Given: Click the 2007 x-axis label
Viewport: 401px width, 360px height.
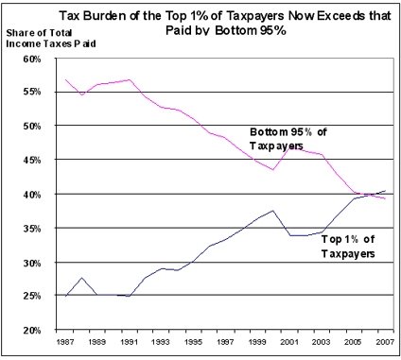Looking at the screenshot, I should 385,342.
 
